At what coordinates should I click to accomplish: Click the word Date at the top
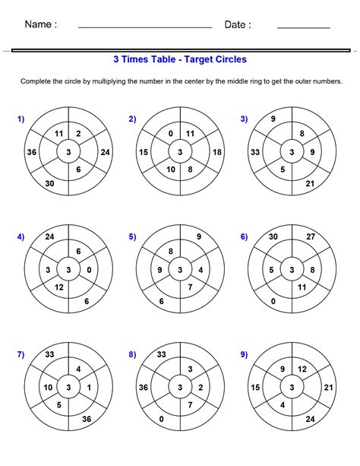coord(237,24)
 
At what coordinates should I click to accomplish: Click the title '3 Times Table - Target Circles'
coord(180,59)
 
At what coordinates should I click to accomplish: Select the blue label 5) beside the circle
coord(132,236)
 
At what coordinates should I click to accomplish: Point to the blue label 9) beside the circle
coord(244,353)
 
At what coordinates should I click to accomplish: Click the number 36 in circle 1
coord(32,152)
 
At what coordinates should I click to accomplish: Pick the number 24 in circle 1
coord(105,152)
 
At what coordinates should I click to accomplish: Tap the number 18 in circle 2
coord(217,152)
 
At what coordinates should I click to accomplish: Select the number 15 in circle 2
coord(144,152)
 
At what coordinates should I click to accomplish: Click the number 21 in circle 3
coord(310,183)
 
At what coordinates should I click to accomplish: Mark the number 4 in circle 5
coord(200,270)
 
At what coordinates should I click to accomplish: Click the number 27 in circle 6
coord(310,236)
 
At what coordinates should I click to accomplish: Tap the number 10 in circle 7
coord(48,388)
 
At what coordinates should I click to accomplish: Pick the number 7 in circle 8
coord(190,404)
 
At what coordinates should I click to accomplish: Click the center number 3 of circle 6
coord(292,270)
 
